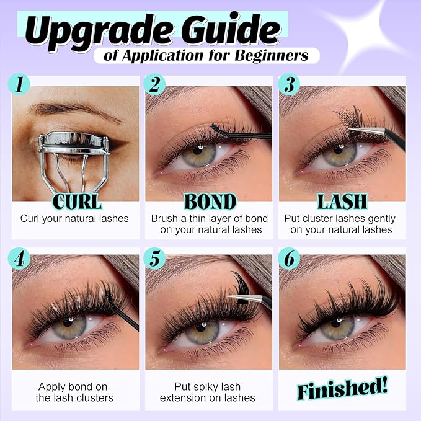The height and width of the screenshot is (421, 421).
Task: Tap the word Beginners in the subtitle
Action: point(272,56)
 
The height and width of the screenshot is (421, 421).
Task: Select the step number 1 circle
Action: point(19,84)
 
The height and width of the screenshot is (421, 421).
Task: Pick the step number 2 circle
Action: point(154,84)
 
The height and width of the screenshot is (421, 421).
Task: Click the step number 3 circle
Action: point(289,84)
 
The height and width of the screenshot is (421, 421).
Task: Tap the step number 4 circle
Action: point(19,259)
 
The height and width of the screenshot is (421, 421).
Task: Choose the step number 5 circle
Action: point(154,259)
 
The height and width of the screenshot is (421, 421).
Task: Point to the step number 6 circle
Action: point(289,259)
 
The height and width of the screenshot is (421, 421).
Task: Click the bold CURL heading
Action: point(77,202)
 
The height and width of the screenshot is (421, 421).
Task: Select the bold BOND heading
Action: point(210,202)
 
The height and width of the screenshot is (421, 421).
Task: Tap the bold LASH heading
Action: point(342,202)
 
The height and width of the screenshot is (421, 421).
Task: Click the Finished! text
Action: point(343,388)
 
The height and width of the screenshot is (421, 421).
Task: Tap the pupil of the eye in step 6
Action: point(336,324)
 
